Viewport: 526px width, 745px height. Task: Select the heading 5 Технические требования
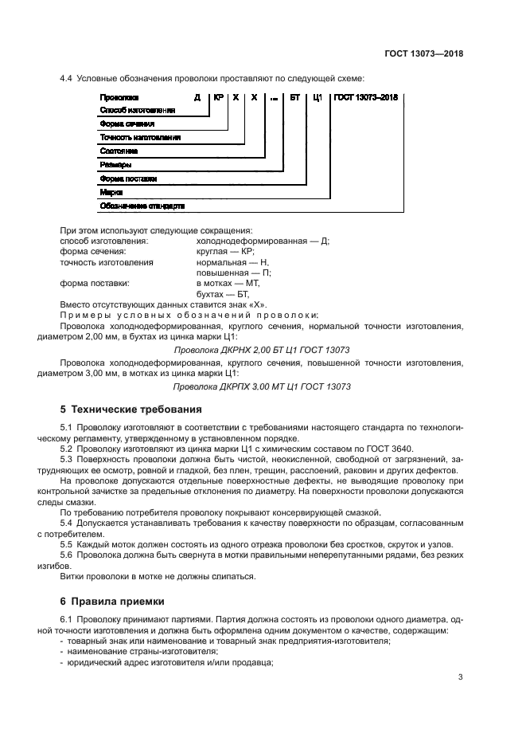[x=126, y=410]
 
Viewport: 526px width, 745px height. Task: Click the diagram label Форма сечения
[x=127, y=124]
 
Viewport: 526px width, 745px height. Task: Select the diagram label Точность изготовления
[x=139, y=137]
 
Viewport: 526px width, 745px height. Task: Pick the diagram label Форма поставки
[x=128, y=178]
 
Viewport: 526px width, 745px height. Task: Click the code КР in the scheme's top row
[x=219, y=97]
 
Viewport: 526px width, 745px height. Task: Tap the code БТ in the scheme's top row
[x=294, y=97]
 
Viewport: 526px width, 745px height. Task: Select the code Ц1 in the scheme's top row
[x=316, y=97]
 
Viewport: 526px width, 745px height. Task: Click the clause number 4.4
[x=67, y=78]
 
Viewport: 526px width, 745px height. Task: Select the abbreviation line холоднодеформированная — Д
[x=262, y=240]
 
